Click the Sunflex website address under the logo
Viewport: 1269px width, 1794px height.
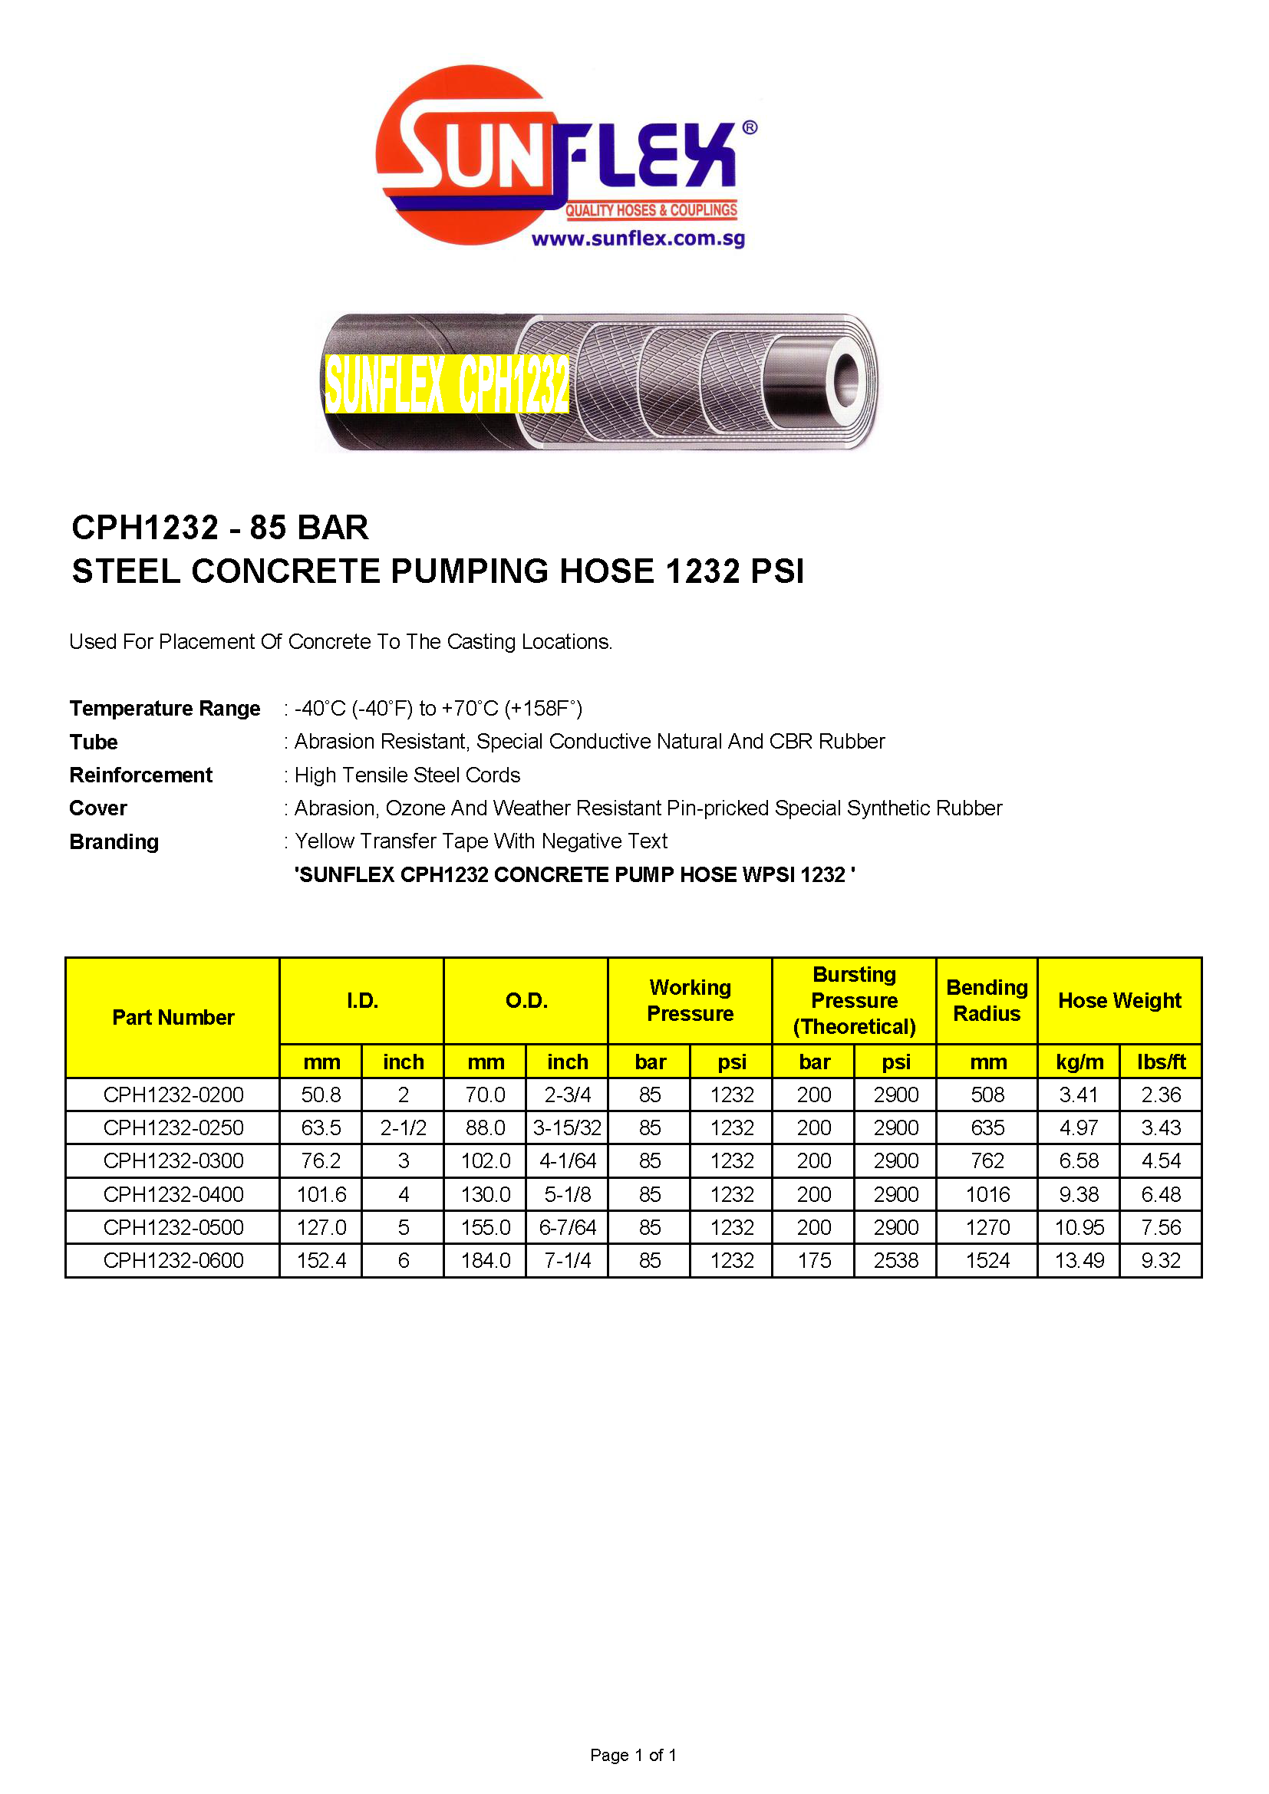point(638,239)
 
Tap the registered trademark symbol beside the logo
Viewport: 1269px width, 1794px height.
point(750,127)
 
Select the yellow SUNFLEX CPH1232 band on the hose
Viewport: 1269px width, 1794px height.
point(447,383)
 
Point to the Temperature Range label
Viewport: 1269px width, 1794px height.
point(165,708)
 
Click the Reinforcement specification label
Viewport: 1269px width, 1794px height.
point(140,775)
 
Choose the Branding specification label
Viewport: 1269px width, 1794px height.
point(114,841)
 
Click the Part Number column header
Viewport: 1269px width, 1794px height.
point(173,1017)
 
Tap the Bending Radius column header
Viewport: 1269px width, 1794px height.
point(987,1000)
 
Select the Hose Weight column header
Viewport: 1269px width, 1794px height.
point(1119,1000)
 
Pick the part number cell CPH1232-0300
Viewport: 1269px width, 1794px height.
point(173,1161)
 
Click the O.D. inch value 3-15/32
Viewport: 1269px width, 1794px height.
point(567,1128)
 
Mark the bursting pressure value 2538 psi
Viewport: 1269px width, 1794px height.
point(895,1260)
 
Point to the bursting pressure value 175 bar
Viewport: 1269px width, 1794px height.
point(813,1260)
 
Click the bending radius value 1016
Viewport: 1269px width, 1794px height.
point(987,1194)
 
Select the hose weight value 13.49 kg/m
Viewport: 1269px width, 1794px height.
point(1079,1260)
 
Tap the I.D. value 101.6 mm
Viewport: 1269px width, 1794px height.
point(321,1194)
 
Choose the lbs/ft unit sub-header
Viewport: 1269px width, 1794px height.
point(1161,1062)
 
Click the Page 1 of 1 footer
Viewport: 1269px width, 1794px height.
point(633,1755)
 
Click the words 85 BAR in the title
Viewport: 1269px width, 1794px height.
point(308,528)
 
